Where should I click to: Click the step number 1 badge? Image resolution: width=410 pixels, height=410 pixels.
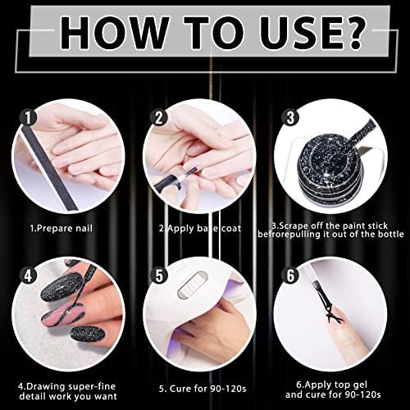pyautogui.click(x=28, y=118)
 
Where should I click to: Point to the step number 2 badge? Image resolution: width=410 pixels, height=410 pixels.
pyautogui.click(x=159, y=118)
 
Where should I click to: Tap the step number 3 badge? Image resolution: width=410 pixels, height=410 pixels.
pyautogui.click(x=290, y=117)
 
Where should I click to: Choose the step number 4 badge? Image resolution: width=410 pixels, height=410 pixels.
pyautogui.click(x=28, y=276)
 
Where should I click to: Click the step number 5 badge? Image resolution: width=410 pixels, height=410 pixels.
pyautogui.click(x=159, y=276)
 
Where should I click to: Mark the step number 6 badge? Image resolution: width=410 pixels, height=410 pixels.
pyautogui.click(x=290, y=276)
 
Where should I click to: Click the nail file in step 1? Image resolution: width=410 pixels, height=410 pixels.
pyautogui.click(x=47, y=166)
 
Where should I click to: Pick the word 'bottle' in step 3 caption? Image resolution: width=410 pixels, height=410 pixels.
pyautogui.click(x=390, y=234)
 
